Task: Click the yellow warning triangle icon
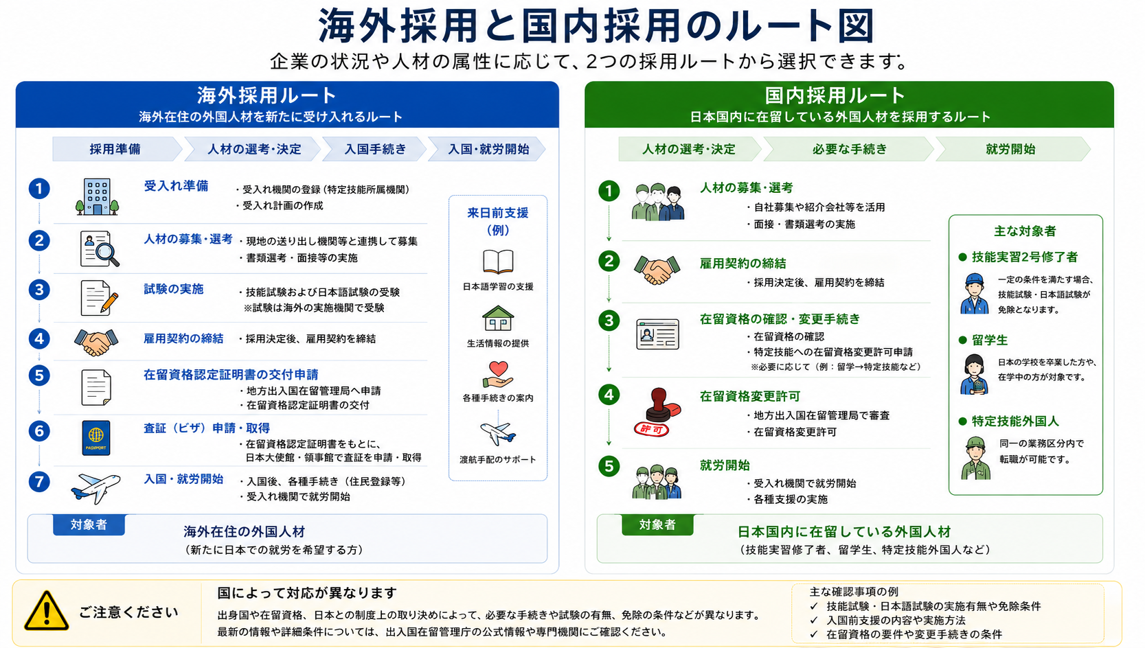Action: coord(46,611)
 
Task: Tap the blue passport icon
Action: coord(95,437)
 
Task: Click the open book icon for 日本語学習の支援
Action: coord(498,262)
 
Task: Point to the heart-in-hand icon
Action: coord(498,375)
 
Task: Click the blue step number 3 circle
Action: coord(39,290)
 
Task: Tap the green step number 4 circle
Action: coord(609,395)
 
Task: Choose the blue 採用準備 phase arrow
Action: coord(117,149)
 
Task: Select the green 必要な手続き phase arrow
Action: coord(848,149)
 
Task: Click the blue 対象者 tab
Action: coord(89,525)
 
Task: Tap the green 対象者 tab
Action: coord(657,525)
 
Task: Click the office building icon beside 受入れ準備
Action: coord(97,197)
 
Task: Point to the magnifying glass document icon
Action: coord(100,249)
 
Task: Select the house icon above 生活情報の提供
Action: coord(498,318)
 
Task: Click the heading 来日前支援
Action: coord(498,213)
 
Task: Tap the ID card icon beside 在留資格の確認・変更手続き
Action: coord(658,334)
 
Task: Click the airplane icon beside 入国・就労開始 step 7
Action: coord(95,487)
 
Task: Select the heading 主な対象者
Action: coord(1025,231)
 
